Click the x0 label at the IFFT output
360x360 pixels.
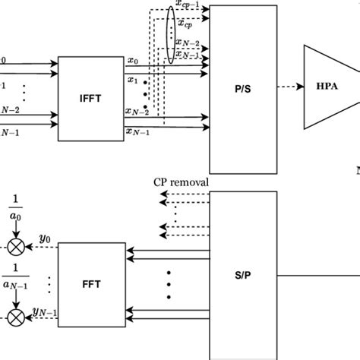coord(133,60)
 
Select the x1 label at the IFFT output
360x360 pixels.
coord(133,78)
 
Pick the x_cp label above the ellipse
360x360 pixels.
coord(183,24)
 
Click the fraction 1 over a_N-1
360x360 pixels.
coord(15,279)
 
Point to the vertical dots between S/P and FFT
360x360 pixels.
coord(168,283)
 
